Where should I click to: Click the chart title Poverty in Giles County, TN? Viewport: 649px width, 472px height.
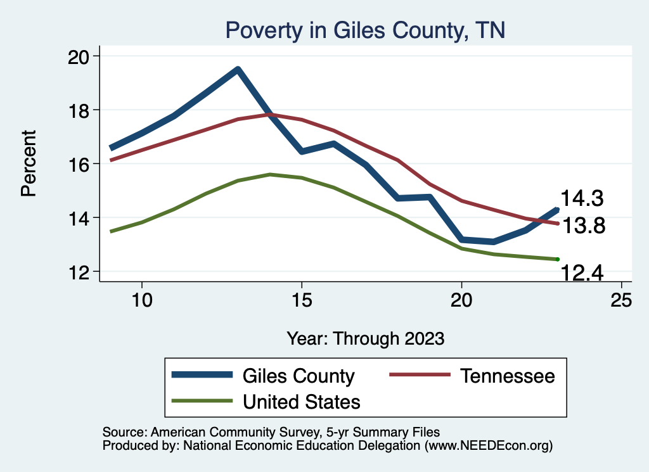point(365,30)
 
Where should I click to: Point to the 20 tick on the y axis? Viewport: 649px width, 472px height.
point(80,56)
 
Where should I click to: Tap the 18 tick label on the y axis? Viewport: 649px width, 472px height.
point(80,110)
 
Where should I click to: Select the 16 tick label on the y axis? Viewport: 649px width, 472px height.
point(80,164)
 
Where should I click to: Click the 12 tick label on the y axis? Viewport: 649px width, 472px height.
point(80,272)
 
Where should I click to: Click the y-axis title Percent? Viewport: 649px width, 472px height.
point(29,163)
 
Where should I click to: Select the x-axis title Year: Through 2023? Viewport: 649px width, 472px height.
point(365,337)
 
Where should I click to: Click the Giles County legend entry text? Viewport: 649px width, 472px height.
point(298,376)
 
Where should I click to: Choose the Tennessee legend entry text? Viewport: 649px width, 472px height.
point(507,376)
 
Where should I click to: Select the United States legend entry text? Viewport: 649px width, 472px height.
point(301,401)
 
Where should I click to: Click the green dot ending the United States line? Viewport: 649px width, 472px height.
point(557,259)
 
